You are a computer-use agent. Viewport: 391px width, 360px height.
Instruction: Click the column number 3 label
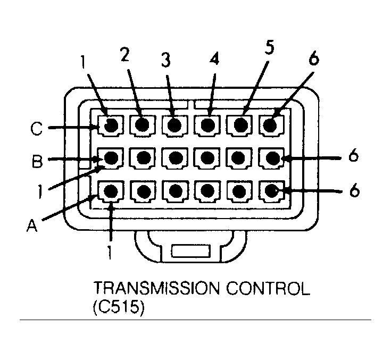pos(166,61)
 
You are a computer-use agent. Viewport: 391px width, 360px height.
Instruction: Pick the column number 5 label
pos(270,48)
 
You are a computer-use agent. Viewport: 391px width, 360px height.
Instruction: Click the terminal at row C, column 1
pos(111,126)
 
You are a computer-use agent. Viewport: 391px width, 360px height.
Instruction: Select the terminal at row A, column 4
pos(207,190)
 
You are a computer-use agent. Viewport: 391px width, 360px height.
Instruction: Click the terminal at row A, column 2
pos(143,190)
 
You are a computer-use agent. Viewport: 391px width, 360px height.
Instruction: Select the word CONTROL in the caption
pos(266,290)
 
